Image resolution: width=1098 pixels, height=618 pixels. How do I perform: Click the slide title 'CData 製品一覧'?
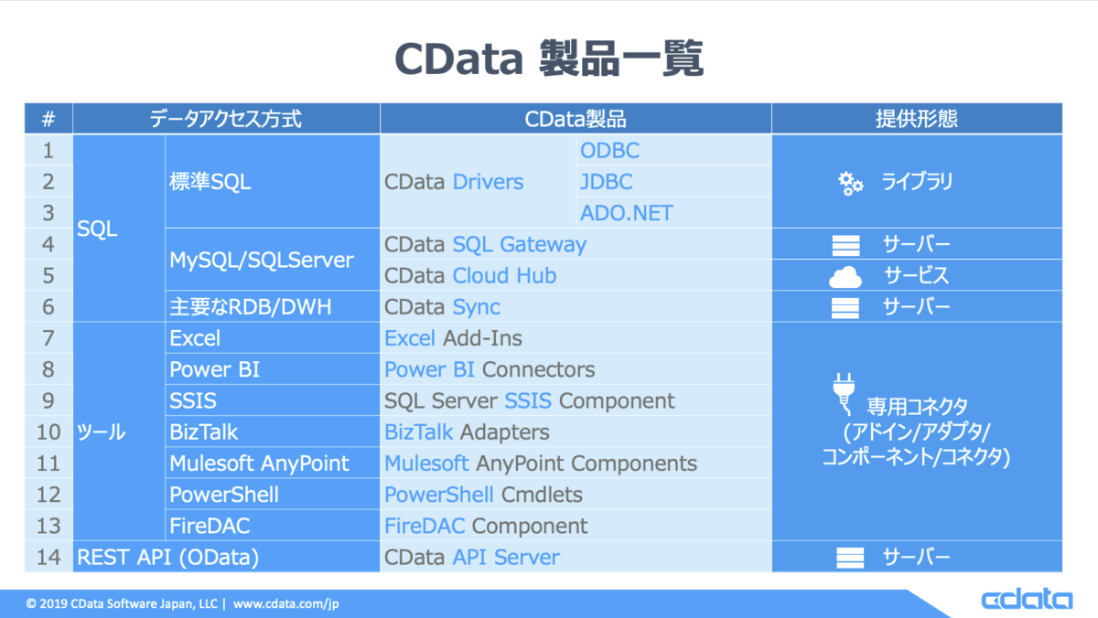point(549,59)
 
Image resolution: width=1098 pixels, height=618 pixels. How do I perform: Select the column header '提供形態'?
point(917,119)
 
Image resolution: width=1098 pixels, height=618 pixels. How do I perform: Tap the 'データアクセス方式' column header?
point(225,119)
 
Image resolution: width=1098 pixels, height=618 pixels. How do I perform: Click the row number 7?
point(48,338)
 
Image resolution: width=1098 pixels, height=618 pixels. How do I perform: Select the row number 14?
point(48,558)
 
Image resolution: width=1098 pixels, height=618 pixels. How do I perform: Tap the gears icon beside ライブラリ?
point(850,184)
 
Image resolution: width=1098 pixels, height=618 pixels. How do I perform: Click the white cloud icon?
point(845,277)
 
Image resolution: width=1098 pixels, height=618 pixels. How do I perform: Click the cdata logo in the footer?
point(1027,599)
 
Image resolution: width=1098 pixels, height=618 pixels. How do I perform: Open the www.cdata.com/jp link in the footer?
point(285,603)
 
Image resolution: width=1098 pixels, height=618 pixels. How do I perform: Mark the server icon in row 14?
point(850,558)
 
